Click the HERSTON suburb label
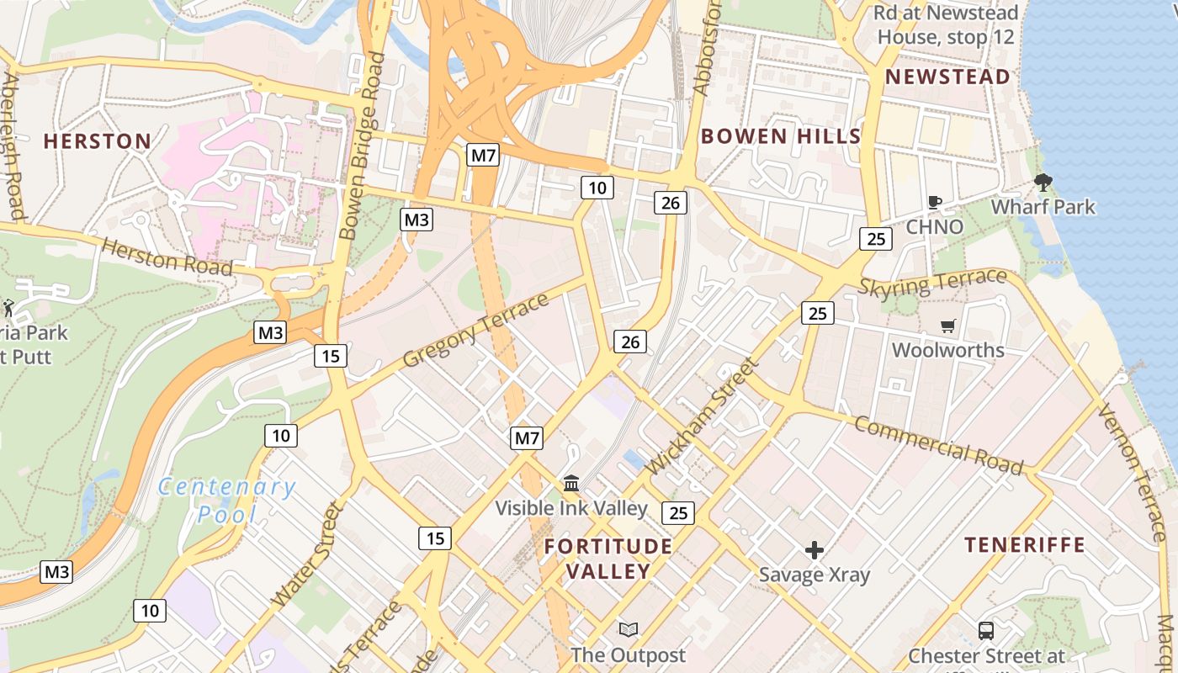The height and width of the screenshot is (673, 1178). (98, 141)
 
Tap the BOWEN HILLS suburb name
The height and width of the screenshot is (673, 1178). (780, 136)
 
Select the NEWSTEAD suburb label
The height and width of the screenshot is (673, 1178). (947, 77)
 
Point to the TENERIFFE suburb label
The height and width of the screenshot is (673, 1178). (1024, 545)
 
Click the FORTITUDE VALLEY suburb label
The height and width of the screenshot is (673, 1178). (608, 559)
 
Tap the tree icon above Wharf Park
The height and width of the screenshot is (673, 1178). (1043, 182)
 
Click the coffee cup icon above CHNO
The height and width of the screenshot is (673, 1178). (934, 202)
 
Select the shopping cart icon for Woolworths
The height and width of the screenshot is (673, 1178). (948, 326)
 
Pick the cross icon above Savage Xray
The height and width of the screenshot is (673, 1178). (814, 551)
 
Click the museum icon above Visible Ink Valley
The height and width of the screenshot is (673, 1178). (571, 483)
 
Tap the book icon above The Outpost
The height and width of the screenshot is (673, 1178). (628, 629)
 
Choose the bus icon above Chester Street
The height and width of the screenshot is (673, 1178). (985, 630)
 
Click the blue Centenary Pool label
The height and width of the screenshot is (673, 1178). (226, 500)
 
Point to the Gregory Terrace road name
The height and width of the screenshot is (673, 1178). (475, 331)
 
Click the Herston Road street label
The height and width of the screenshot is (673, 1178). (167, 256)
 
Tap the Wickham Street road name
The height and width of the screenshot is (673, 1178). (704, 415)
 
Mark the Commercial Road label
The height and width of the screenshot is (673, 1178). (938, 444)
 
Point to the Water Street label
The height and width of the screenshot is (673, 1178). (309, 555)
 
